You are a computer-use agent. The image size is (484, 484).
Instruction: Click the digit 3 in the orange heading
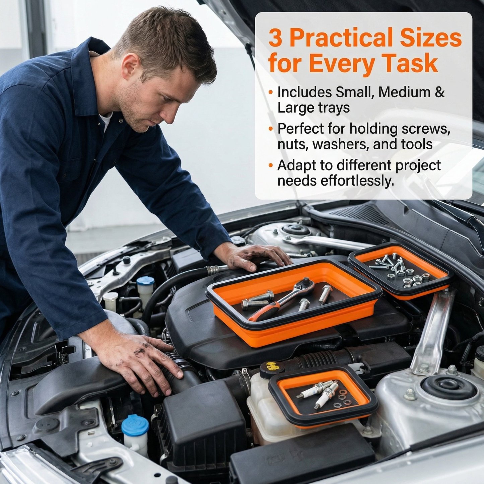pos(276,39)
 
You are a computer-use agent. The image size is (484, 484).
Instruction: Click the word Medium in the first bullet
pos(401,92)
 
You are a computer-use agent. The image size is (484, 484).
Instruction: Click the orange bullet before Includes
pos(271,92)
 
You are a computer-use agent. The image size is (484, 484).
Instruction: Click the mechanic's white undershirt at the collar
pos(105,121)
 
